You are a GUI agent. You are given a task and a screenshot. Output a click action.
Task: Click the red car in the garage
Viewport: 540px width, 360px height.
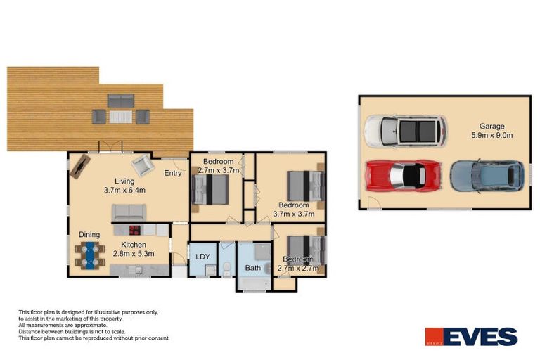pyautogui.click(x=404, y=175)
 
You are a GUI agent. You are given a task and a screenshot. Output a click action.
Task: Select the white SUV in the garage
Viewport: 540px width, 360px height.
pyautogui.click(x=405, y=131)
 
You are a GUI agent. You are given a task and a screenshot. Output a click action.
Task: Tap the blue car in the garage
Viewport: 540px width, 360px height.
pyautogui.click(x=487, y=176)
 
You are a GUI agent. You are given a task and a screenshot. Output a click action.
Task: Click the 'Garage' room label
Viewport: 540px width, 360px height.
pyautogui.click(x=491, y=127)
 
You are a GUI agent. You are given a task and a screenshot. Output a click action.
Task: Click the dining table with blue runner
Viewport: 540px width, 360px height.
pyautogui.click(x=89, y=255)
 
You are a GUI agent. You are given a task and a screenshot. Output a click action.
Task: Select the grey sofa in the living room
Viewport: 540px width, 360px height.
pyautogui.click(x=129, y=212)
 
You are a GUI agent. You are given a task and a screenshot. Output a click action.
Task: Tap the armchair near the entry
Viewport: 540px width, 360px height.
pyautogui.click(x=142, y=165)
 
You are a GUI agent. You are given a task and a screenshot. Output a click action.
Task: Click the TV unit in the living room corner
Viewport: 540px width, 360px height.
pyautogui.click(x=79, y=167)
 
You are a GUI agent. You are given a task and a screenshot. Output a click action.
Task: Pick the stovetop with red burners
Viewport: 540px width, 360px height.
pyautogui.click(x=134, y=229)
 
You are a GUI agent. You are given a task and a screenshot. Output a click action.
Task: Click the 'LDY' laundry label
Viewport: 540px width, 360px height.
pyautogui.click(x=203, y=257)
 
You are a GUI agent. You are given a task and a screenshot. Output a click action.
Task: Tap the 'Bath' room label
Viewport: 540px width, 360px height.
pyautogui.click(x=252, y=268)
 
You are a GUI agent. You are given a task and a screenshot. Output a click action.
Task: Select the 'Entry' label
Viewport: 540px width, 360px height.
pyautogui.click(x=172, y=173)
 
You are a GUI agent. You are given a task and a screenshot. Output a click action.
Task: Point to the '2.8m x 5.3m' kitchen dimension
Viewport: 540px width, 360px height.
pyautogui.click(x=134, y=254)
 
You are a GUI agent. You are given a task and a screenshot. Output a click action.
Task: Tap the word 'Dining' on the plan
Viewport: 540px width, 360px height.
pyautogui.click(x=89, y=235)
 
